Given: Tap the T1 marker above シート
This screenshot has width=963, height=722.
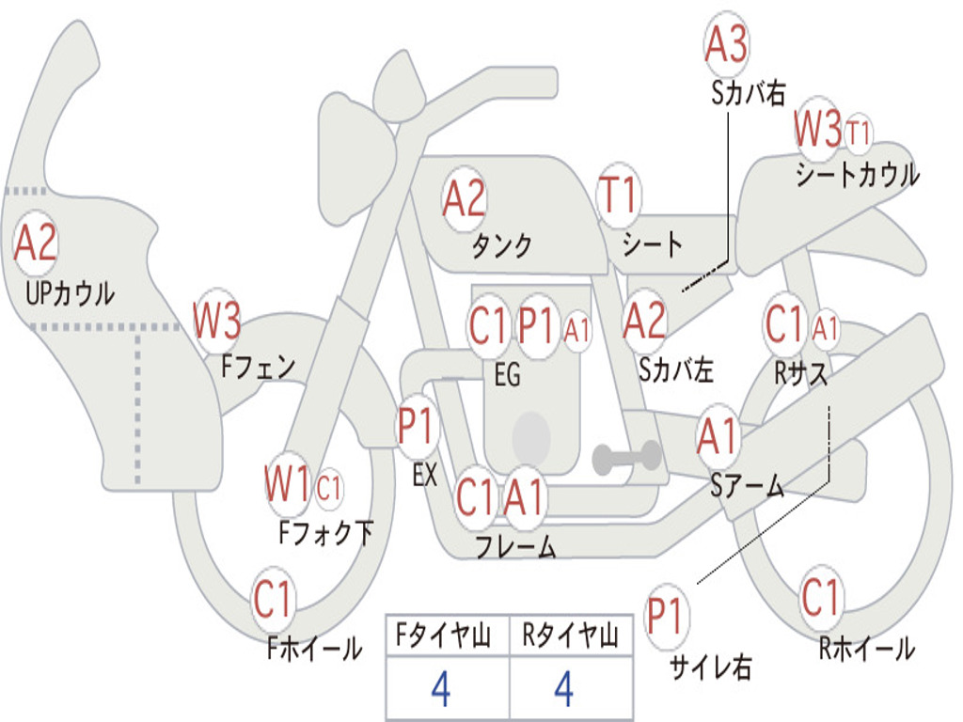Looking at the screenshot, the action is tap(619, 195).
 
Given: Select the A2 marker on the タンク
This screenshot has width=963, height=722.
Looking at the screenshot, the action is tap(465, 199).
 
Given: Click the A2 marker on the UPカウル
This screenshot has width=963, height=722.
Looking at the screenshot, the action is tap(36, 243).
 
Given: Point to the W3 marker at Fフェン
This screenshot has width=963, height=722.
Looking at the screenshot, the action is tap(216, 321).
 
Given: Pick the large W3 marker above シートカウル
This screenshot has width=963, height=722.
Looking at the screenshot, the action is tap(817, 128).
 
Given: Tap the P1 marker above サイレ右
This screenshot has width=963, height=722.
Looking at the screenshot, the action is tap(666, 617).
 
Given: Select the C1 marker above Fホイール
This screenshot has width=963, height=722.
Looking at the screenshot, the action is tap(273, 599).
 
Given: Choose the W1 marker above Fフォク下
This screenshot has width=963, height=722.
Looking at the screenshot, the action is tap(287, 484).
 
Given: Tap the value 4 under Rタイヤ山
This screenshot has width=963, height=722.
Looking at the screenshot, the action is tap(564, 688).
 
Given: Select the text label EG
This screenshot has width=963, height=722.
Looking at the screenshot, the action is tap(507, 374).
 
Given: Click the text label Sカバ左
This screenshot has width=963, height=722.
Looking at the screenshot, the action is tap(676, 369).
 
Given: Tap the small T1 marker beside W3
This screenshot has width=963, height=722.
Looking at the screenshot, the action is tap(858, 133).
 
